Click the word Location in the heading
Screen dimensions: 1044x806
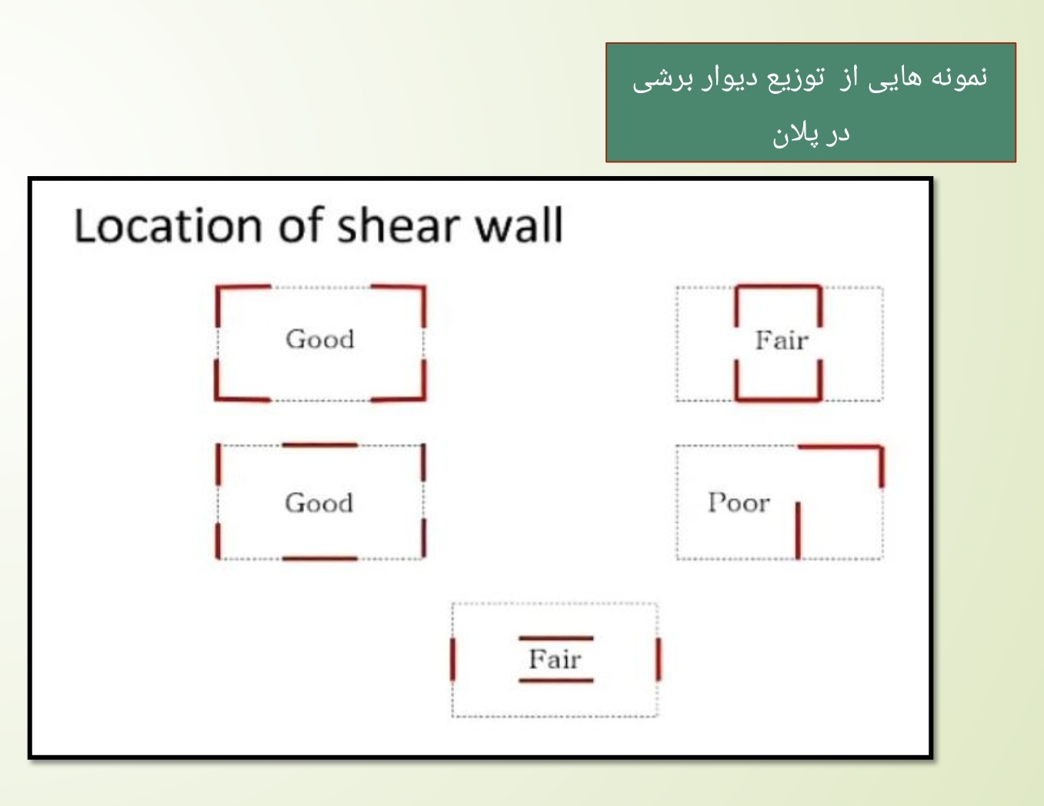(x=168, y=225)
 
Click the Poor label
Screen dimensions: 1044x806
(x=739, y=503)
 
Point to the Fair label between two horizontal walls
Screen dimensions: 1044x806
(x=555, y=659)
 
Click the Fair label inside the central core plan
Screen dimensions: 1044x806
(x=782, y=341)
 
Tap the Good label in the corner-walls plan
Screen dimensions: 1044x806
(x=320, y=339)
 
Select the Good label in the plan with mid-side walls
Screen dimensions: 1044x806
(x=319, y=503)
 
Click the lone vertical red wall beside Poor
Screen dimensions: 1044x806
(x=798, y=531)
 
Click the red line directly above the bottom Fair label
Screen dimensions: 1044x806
(x=556, y=638)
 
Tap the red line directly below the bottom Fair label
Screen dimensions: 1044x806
(x=556, y=680)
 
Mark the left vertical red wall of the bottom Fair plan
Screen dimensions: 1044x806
(x=452, y=659)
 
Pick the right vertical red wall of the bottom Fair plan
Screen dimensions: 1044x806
(x=659, y=659)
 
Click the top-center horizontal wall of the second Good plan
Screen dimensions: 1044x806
(x=319, y=445)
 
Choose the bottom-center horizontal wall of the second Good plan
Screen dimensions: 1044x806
(x=319, y=559)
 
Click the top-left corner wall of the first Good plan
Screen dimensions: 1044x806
(x=218, y=288)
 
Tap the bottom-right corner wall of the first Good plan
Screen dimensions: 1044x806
(x=424, y=398)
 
